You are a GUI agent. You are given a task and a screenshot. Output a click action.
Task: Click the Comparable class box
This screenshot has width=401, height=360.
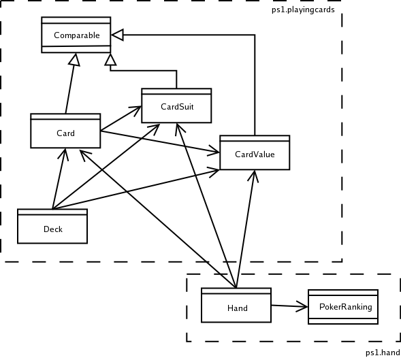[x=76, y=35]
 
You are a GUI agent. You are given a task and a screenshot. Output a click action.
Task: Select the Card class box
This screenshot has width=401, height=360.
[x=65, y=131]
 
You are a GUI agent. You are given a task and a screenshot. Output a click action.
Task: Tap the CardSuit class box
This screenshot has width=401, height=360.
[x=176, y=105]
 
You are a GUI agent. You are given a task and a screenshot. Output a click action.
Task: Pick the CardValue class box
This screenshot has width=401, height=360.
[x=255, y=152]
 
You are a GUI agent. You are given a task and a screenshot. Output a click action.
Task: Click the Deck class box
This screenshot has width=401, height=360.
[x=52, y=227]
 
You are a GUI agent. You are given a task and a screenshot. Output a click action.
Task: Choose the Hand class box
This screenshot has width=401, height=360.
[x=236, y=305]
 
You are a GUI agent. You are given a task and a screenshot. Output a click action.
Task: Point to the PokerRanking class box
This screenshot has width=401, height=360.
[x=343, y=307]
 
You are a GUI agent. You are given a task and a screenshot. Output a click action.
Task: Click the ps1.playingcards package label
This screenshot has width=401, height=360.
[x=303, y=10]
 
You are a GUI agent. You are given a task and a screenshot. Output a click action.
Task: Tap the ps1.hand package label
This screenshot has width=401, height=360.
[x=383, y=353]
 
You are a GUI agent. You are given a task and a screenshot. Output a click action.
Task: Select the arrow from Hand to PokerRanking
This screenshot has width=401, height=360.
[x=289, y=306]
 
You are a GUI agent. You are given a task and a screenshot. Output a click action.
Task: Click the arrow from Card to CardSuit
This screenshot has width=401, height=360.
[x=121, y=118]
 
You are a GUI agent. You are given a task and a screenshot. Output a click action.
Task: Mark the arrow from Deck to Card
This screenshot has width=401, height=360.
[x=59, y=179]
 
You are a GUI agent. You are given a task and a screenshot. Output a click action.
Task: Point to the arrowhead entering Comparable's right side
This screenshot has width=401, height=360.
[x=117, y=35]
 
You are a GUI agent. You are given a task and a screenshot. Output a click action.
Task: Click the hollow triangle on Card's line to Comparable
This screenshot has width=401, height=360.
[x=74, y=60]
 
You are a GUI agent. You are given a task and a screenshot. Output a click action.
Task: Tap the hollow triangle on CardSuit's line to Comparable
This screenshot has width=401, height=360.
[x=110, y=60]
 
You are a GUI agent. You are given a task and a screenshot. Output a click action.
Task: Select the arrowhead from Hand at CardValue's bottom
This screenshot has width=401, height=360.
[x=253, y=176]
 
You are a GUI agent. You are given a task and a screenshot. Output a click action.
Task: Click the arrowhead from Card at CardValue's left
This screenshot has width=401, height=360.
[x=214, y=150]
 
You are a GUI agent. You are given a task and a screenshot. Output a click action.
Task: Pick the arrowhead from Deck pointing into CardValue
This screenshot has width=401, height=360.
[x=214, y=171]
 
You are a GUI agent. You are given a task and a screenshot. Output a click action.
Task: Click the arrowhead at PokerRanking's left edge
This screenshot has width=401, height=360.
[x=302, y=306]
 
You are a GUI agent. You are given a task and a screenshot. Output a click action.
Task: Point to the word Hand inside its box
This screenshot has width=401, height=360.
[x=238, y=308]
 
